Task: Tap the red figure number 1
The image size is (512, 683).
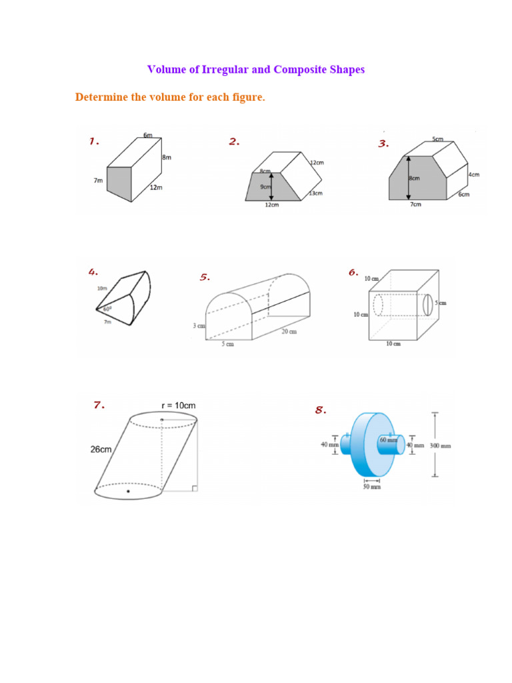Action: [94, 141]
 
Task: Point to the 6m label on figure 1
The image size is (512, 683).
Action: [148, 135]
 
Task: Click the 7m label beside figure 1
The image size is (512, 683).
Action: [98, 181]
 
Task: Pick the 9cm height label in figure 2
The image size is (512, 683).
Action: [266, 187]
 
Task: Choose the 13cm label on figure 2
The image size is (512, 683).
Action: [316, 193]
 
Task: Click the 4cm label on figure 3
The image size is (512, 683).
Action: [474, 175]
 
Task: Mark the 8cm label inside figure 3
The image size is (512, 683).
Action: [414, 179]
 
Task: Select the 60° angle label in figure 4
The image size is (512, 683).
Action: [107, 309]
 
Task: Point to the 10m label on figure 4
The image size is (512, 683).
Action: [101, 289]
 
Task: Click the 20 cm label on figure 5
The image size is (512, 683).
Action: [289, 331]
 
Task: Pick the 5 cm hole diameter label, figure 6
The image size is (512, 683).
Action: [441, 303]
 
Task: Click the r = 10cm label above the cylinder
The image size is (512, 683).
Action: [178, 406]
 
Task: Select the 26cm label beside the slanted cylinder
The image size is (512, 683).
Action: [101, 450]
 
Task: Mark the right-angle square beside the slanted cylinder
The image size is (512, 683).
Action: [194, 488]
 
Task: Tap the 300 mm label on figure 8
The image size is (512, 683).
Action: [441, 446]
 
